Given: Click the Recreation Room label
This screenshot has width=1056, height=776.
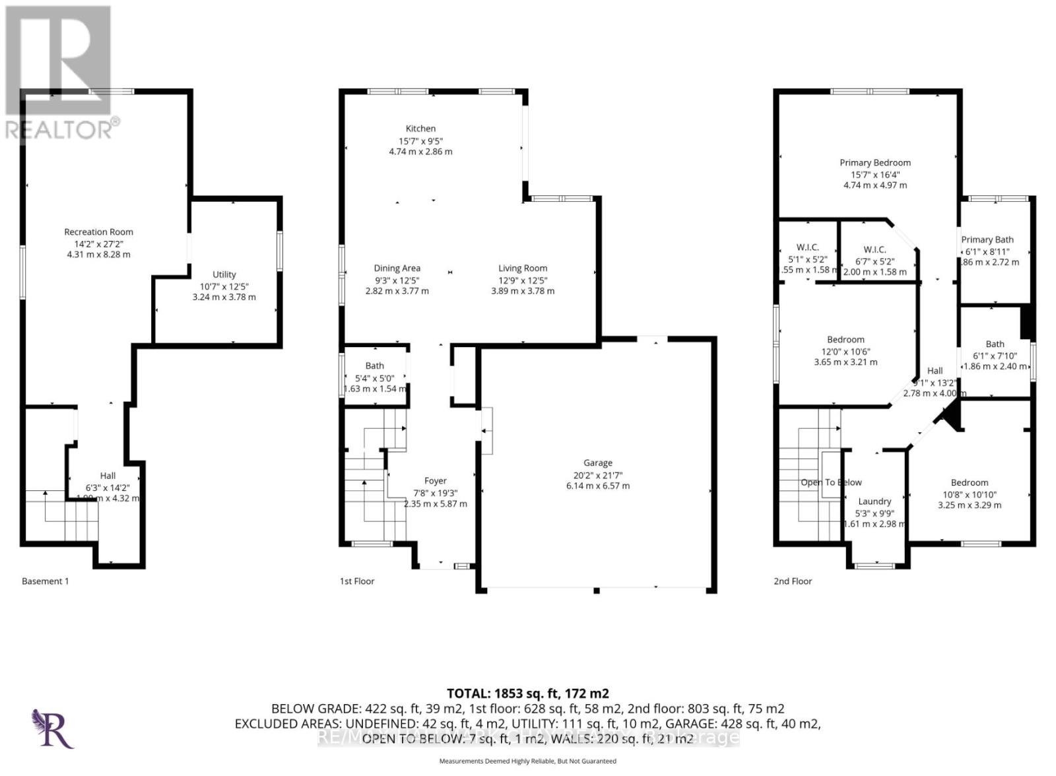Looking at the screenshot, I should (x=98, y=232).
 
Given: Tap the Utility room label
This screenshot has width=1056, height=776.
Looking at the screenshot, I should (x=224, y=275).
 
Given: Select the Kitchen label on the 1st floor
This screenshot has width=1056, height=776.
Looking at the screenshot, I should (x=420, y=129).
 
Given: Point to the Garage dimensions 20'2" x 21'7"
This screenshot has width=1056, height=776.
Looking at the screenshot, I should (x=597, y=474).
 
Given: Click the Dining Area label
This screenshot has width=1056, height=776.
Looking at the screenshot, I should (x=397, y=268).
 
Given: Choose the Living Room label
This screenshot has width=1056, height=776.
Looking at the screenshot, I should (x=522, y=268).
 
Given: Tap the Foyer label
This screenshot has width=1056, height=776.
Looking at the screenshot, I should (x=435, y=481).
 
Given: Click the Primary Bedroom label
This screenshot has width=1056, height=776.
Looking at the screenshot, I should (x=874, y=162).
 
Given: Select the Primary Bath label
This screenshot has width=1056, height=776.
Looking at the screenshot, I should (x=987, y=240).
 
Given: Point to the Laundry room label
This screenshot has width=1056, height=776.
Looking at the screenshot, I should (x=874, y=501).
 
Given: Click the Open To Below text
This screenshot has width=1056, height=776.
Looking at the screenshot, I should (x=831, y=482).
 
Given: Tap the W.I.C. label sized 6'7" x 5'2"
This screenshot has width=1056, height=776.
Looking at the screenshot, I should (x=874, y=249).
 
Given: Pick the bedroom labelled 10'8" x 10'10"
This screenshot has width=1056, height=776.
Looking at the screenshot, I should (x=969, y=482).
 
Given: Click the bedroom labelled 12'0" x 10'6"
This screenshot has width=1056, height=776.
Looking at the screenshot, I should (x=845, y=340).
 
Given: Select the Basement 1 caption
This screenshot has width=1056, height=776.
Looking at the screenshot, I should (x=45, y=581).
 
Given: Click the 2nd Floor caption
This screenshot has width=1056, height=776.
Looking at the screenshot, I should (x=793, y=581).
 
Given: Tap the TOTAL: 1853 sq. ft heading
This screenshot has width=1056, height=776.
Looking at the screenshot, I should (x=527, y=694).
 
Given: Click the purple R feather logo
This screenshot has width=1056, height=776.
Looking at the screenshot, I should (x=53, y=728).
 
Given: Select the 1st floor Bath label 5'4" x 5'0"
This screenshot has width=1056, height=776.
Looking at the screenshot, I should (x=374, y=366).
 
